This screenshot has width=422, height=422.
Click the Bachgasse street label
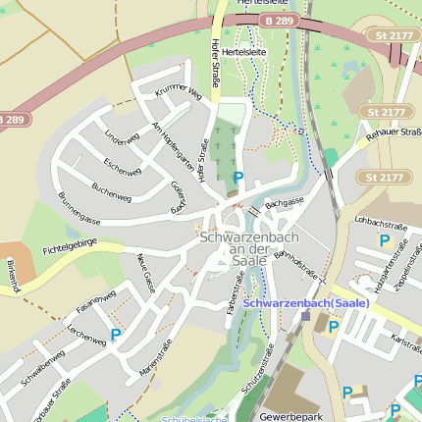(x=285, y=201)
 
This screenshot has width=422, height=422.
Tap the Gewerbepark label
(x=290, y=416)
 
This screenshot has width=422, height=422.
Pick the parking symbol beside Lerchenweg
(x=116, y=335)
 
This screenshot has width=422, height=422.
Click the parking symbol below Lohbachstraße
(x=384, y=240)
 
